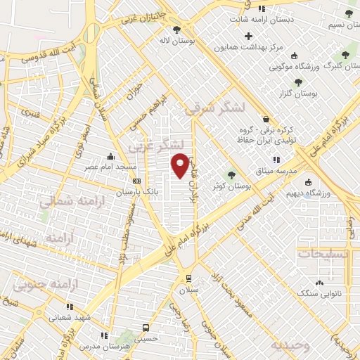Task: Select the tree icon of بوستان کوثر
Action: (x=232, y=175)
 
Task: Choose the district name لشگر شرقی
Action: (x=214, y=108)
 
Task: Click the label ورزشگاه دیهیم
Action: (x=317, y=191)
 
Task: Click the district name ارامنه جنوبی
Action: (x=43, y=284)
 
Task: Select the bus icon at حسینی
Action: (x=146, y=328)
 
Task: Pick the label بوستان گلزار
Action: (x=315, y=93)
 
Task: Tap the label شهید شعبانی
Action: (x=70, y=317)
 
